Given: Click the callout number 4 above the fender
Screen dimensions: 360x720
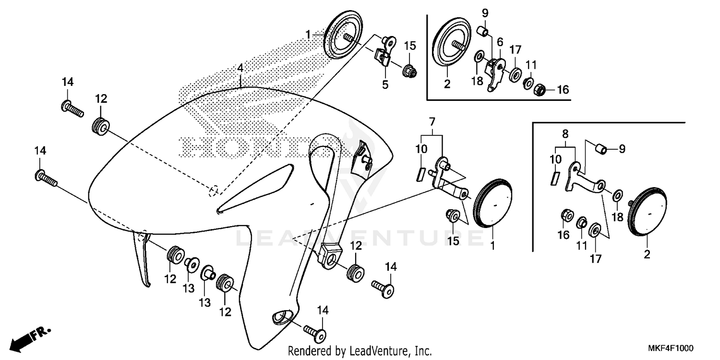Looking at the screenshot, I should coord(240,69).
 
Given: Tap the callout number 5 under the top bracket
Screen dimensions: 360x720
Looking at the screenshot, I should coord(385,84).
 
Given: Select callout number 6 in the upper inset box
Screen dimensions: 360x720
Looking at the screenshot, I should coord(500,42).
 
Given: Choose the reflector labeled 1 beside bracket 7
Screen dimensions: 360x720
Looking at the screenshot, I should coord(492,203).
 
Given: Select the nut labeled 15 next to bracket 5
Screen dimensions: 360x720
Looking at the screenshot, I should coord(409,72).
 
